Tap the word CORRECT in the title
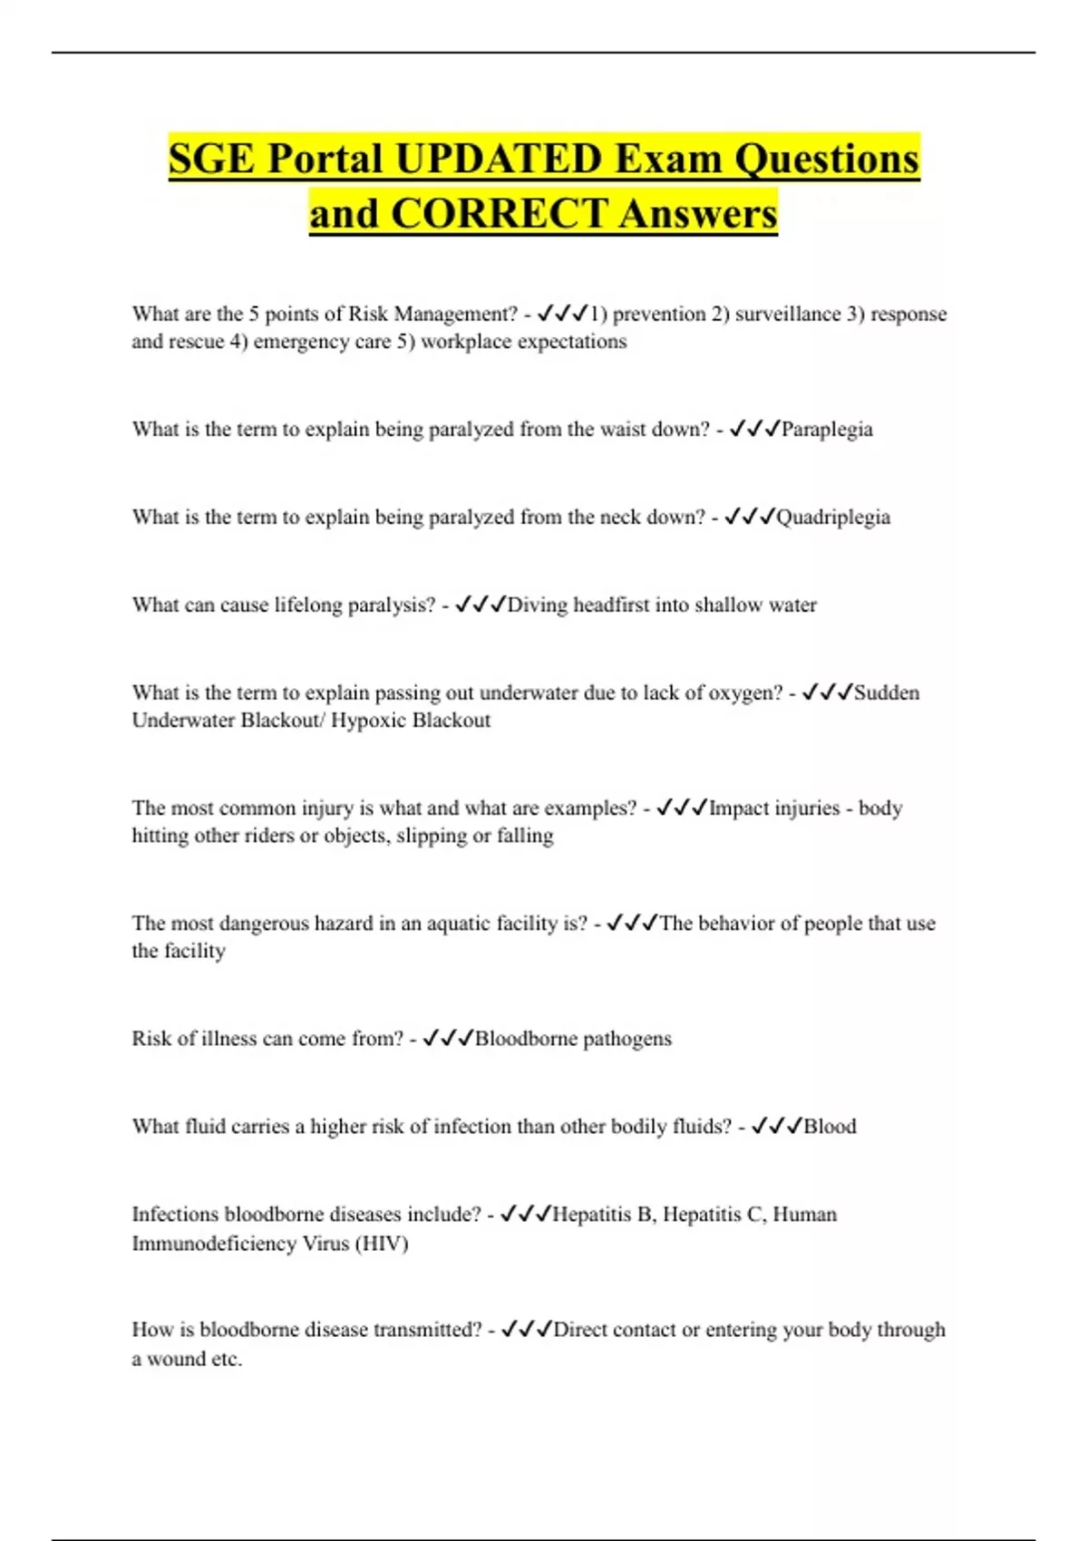coord(499,214)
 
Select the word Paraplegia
coord(827,429)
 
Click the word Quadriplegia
coord(833,517)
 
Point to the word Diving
coord(537,605)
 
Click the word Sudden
coord(887,693)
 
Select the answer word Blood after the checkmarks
coord(830,1126)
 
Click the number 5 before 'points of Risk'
coord(254,314)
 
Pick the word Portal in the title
coord(325,159)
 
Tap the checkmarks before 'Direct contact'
coord(526,1329)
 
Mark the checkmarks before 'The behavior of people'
coord(631,923)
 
